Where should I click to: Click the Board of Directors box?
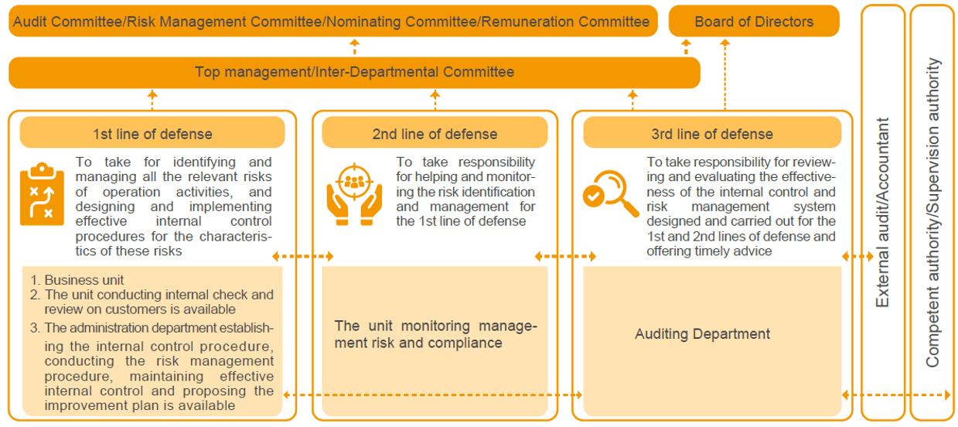tap(754, 21)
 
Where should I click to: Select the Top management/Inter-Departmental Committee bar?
tap(354, 72)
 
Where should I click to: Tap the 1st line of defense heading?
tap(152, 134)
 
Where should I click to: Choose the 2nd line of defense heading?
tap(435, 134)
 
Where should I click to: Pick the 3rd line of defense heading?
tap(712, 134)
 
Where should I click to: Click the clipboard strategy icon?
tap(42, 194)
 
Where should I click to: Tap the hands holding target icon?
tap(354, 194)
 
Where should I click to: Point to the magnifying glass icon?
tap(611, 193)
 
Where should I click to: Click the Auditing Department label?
tap(702, 333)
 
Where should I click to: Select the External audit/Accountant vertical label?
tap(882, 212)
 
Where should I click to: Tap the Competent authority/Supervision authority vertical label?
tap(932, 212)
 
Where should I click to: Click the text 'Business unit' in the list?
tap(84, 280)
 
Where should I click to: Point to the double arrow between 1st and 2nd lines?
tap(303, 256)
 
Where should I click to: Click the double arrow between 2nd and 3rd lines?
tap(565, 256)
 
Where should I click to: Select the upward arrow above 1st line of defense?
tap(152, 100)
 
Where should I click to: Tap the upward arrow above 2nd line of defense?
tap(435, 100)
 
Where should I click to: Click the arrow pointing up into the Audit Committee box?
tap(355, 46)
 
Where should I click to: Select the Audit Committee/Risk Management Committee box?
tap(332, 21)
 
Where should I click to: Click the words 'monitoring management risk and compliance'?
tap(436, 334)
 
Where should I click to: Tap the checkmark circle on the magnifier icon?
tap(594, 196)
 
